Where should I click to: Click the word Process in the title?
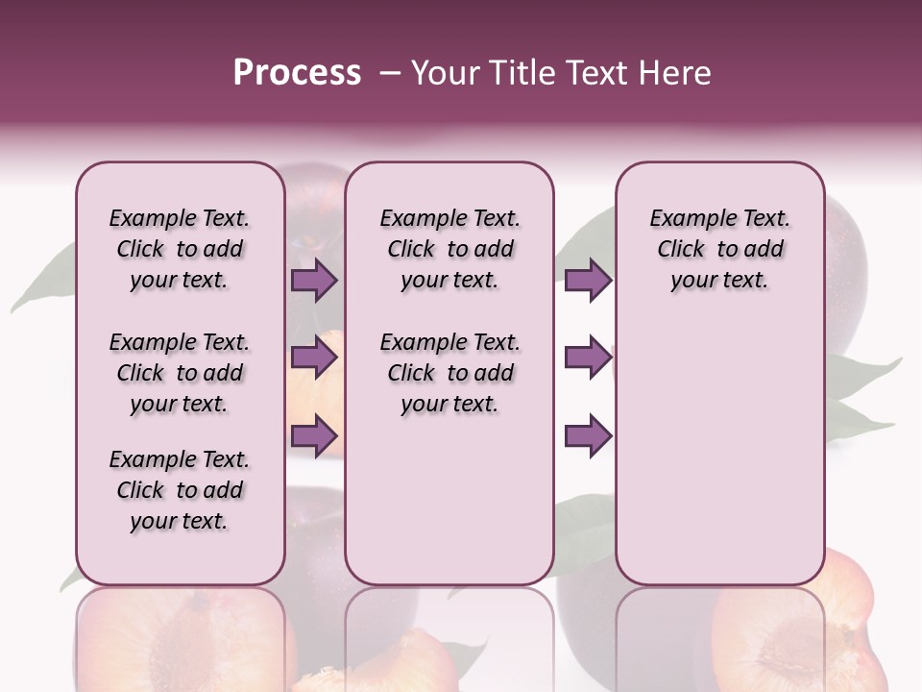(297, 72)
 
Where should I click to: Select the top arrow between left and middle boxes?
(314, 281)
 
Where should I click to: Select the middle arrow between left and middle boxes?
(314, 358)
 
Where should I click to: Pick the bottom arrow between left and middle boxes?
(314, 436)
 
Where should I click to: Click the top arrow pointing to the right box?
(588, 281)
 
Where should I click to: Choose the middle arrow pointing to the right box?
(588, 358)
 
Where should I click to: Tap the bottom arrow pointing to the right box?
(588, 436)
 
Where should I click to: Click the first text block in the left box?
(180, 249)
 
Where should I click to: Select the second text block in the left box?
(180, 373)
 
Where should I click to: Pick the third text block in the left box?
(180, 490)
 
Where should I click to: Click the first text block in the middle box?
(449, 249)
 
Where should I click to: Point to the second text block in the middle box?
(449, 373)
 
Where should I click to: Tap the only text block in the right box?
(719, 249)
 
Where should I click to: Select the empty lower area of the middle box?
(449, 500)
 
